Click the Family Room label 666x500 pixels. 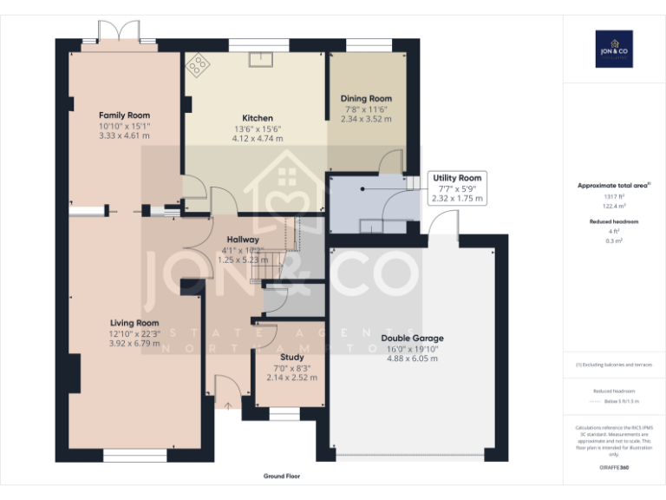(124, 115)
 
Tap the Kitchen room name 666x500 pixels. (258, 118)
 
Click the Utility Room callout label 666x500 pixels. (457, 178)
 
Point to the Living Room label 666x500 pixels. (134, 323)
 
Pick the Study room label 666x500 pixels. (292, 357)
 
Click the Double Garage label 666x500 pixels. (412, 338)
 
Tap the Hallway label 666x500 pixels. (243, 240)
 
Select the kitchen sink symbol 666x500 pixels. (260, 59)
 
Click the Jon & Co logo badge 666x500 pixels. (613, 49)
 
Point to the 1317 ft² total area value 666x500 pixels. (613, 197)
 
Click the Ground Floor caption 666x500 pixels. (282, 477)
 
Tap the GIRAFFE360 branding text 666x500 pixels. (613, 469)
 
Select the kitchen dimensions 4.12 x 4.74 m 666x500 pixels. (258, 138)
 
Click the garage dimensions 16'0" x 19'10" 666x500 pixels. (412, 349)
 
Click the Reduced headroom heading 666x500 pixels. (613, 222)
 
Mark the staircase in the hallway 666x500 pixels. (276, 252)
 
